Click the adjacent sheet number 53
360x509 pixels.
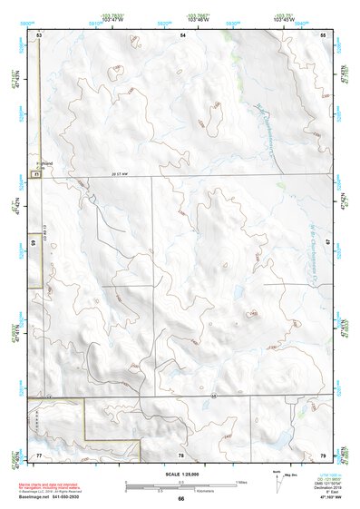39,34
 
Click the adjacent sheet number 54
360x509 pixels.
183,34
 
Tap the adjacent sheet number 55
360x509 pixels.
324,34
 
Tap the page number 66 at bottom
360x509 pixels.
180,499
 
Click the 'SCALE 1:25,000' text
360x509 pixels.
180,475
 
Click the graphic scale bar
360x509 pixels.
180,484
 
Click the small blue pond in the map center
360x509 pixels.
237,297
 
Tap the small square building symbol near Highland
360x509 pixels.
36,172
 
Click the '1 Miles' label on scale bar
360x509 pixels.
240,481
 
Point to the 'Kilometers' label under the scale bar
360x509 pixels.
180,490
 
